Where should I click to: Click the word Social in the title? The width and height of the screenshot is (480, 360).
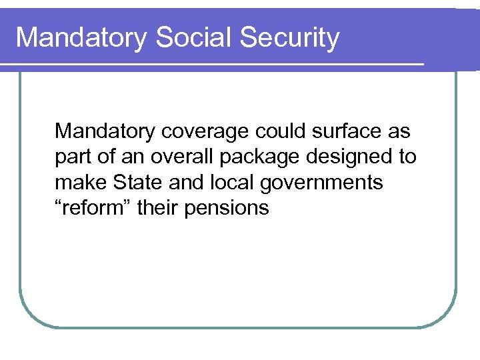pos(193,38)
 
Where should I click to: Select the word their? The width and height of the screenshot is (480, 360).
pos(158,208)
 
